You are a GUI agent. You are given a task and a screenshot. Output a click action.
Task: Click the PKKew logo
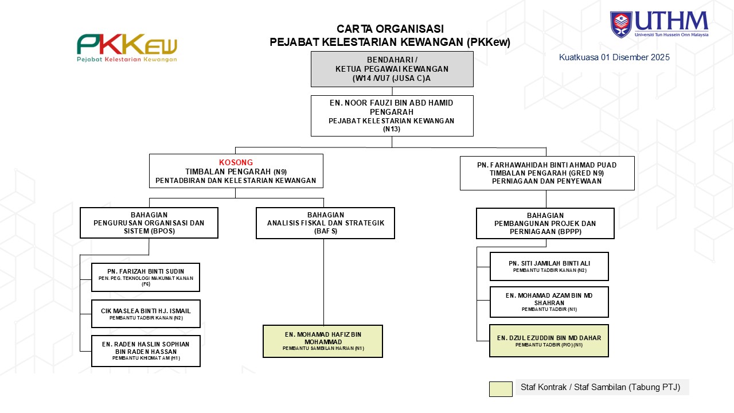[x=127, y=48]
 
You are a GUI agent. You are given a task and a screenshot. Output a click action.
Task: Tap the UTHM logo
[x=659, y=24]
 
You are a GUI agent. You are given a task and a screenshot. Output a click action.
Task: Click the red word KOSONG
[x=236, y=162]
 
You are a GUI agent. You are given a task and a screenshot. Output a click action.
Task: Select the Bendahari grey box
[x=392, y=69]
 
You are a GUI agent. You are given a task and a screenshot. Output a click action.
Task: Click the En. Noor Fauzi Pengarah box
[x=392, y=115]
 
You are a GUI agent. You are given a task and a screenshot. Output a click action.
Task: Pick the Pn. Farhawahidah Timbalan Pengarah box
[x=547, y=173]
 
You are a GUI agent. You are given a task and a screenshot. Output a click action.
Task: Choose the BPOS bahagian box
[x=149, y=223]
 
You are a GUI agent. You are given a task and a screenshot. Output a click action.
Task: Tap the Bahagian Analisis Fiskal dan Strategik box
[x=326, y=223]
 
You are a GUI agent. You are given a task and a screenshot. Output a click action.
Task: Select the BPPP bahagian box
[x=545, y=223]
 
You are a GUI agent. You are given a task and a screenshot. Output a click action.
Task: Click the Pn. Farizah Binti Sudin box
[x=146, y=277]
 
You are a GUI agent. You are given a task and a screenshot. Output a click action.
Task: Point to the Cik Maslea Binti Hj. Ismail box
[x=146, y=314]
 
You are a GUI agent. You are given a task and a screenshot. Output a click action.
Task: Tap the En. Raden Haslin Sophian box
[x=146, y=350]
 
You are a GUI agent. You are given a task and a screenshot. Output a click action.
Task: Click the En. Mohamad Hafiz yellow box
[x=323, y=341]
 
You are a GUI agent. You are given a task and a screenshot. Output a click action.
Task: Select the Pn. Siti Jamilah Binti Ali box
[x=549, y=266]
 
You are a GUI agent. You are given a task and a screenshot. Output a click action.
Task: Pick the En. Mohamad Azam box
[x=549, y=302]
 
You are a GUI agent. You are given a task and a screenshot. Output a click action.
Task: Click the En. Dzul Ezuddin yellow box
[x=549, y=341]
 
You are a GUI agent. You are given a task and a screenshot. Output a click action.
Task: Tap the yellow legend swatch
[x=501, y=389]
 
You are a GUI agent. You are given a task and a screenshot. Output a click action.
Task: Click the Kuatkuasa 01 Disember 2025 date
[x=614, y=57]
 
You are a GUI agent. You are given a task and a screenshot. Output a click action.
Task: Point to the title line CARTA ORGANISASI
[x=390, y=29]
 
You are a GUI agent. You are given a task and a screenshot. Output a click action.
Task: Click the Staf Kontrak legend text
[x=600, y=387]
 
